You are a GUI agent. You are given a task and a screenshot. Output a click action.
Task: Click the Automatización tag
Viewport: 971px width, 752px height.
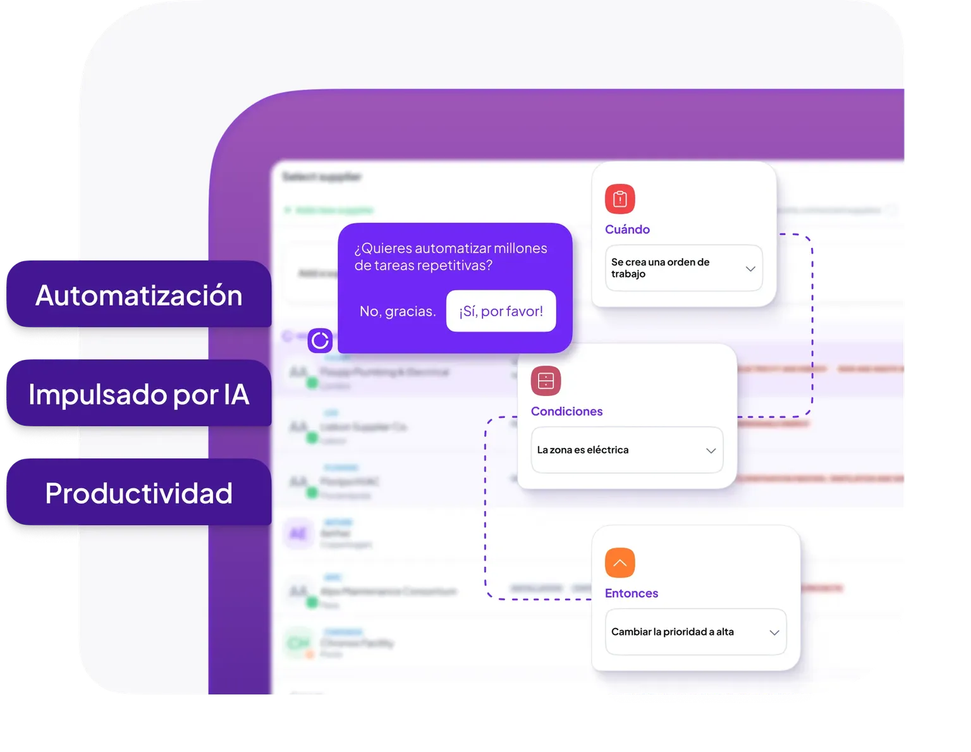click(138, 295)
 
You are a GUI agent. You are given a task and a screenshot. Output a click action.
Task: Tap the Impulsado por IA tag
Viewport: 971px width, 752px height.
click(138, 395)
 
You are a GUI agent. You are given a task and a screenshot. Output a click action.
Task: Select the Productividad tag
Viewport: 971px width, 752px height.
click(138, 493)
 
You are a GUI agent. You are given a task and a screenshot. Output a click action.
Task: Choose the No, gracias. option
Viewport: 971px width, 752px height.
click(398, 311)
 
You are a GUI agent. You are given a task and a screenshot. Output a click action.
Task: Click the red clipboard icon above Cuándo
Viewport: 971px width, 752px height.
click(620, 199)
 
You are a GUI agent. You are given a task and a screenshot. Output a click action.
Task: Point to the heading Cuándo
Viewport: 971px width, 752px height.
click(627, 230)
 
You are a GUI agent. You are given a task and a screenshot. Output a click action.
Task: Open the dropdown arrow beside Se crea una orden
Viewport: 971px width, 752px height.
click(750, 269)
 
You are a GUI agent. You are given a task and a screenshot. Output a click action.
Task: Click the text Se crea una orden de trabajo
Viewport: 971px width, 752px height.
click(660, 268)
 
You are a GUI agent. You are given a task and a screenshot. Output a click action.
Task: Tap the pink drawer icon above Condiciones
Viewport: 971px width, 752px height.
click(546, 381)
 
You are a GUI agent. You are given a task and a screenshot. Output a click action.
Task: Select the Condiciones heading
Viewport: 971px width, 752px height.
click(566, 412)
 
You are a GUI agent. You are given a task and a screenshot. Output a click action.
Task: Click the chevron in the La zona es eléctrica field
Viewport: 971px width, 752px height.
click(711, 451)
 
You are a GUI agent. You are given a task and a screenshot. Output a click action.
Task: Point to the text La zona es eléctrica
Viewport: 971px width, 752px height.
click(583, 450)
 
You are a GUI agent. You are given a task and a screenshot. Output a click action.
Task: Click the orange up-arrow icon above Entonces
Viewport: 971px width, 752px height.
click(620, 563)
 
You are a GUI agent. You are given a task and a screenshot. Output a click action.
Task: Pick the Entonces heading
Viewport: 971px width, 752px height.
click(632, 593)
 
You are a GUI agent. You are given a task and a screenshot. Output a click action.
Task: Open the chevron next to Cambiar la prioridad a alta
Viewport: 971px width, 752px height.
click(774, 632)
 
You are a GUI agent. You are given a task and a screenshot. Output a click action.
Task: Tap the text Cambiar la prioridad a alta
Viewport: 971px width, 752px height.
click(672, 632)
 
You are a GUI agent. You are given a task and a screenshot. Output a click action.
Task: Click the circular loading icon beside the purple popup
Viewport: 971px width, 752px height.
click(320, 340)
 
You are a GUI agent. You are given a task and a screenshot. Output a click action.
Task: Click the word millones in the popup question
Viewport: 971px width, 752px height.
click(520, 249)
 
